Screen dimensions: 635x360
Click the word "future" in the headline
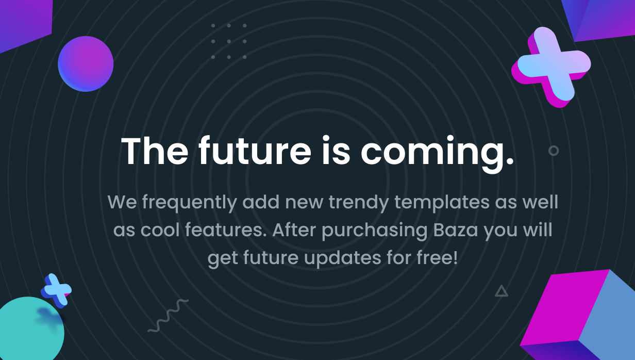click(255, 151)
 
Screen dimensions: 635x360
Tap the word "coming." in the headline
click(437, 154)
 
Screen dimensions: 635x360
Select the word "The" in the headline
click(155, 151)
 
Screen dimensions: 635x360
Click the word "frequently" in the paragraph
click(189, 203)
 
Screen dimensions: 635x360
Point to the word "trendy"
click(359, 203)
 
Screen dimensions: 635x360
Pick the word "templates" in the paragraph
click(442, 203)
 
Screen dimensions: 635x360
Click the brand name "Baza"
click(456, 230)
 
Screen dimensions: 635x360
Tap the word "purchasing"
click(375, 231)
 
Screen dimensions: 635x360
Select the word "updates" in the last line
click(343, 258)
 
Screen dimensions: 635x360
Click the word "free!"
click(437, 257)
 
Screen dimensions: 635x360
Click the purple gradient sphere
click(86, 64)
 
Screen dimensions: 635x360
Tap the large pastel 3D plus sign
click(551, 67)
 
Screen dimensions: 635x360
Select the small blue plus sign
click(56, 290)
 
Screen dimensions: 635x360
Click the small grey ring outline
click(554, 145)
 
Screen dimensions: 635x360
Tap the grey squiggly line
click(168, 316)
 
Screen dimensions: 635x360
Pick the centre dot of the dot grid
click(229, 41)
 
